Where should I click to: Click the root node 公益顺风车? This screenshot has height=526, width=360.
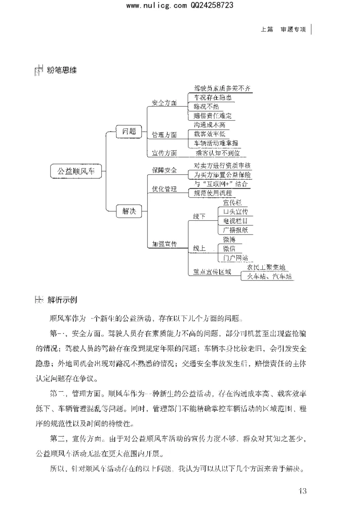76,171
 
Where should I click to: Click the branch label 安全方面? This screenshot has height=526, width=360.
164,103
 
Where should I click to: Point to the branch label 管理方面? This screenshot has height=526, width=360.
164,135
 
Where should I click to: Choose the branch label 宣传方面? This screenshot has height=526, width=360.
164,153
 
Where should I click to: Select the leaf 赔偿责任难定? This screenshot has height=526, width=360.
212,116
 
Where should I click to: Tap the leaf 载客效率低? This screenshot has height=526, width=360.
209,134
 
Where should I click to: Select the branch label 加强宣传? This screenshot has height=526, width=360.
164,244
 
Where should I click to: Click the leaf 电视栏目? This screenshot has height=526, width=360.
235,221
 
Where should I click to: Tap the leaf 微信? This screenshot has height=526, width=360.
229,249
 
